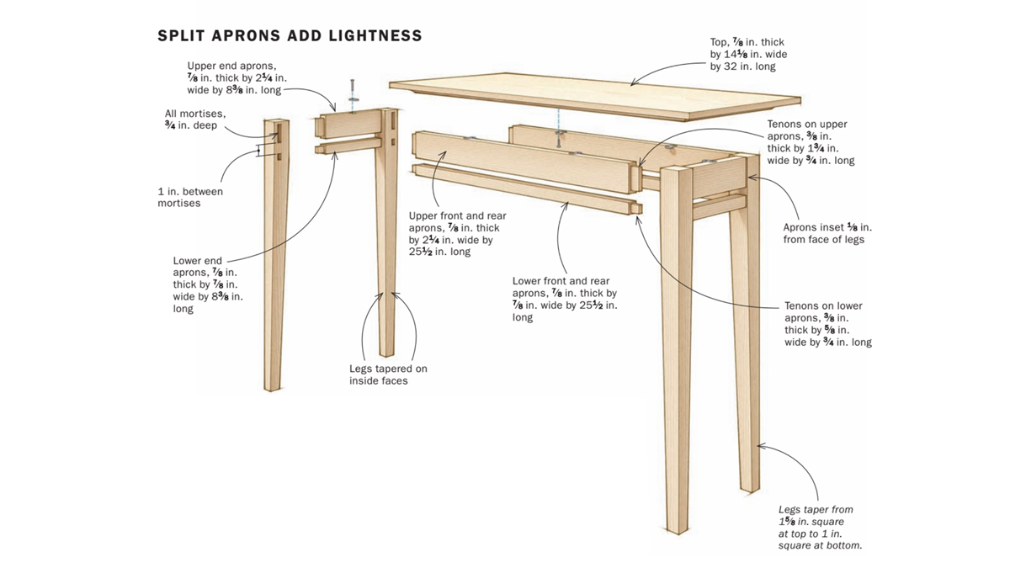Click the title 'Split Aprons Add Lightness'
click(290, 36)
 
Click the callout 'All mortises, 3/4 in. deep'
click(196, 119)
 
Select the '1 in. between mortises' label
click(190, 197)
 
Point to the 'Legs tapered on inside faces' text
click(388, 374)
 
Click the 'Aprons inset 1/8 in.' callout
click(827, 233)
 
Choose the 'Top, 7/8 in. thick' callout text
click(748, 54)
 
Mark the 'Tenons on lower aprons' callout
click(827, 324)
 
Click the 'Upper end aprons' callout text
click(237, 77)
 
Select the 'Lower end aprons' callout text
click(207, 284)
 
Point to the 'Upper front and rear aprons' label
click(457, 234)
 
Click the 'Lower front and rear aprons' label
click(565, 299)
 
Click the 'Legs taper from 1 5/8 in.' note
click(820, 528)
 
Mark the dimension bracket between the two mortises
click(259, 151)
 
